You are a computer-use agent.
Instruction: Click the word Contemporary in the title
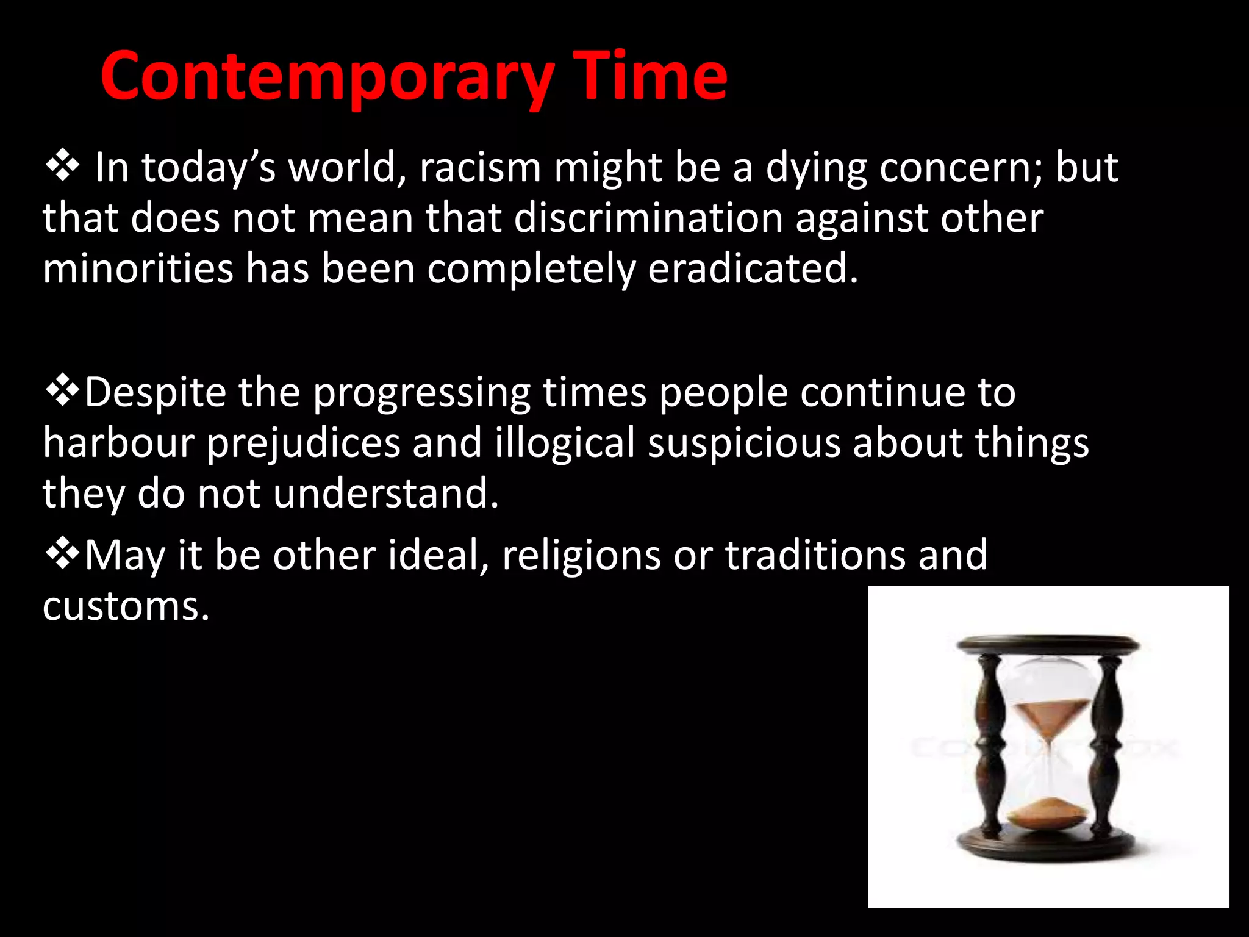(327, 77)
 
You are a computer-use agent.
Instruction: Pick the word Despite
(155, 392)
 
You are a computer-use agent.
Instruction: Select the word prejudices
(303, 443)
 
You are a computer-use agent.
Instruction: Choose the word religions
(581, 556)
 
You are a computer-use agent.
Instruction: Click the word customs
(126, 606)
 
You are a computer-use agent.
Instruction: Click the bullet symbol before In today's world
(62, 168)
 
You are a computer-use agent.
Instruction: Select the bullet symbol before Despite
(62, 392)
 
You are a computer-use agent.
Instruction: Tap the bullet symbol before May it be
(62, 555)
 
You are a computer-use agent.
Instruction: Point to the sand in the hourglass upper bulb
(1049, 714)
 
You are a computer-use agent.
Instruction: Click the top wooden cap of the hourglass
(1048, 644)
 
